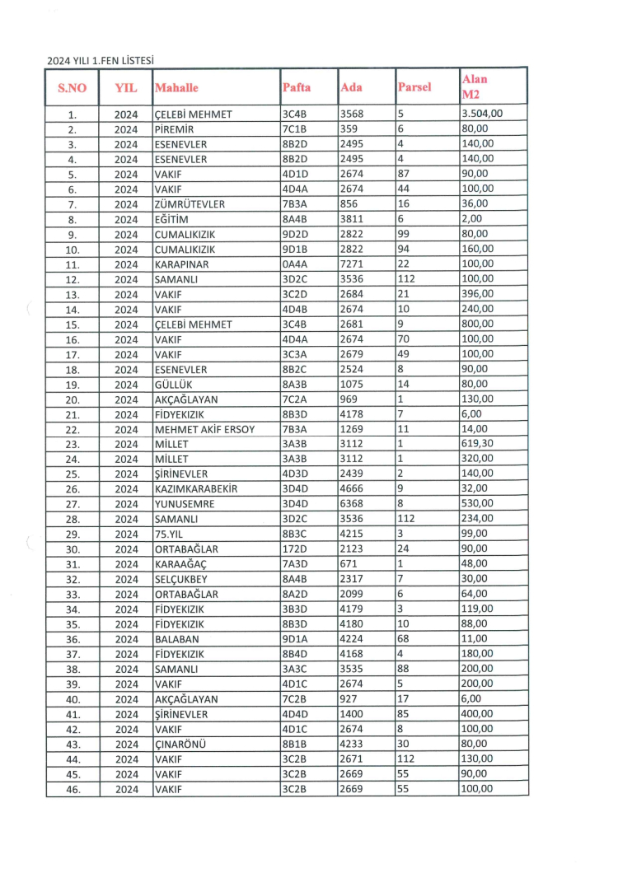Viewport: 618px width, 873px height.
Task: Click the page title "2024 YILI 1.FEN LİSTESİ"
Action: [x=101, y=60]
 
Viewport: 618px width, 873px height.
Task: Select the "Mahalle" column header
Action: [x=177, y=87]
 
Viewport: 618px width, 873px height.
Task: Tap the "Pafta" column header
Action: [x=297, y=87]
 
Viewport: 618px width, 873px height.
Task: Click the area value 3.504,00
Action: [x=483, y=114]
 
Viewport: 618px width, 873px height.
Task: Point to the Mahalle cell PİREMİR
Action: [x=174, y=129]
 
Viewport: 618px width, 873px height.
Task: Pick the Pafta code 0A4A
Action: [x=295, y=264]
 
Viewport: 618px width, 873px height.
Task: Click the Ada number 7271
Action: [x=351, y=264]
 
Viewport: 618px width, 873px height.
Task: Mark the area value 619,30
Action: [x=478, y=443]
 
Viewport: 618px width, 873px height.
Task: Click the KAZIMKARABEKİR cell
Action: [x=196, y=488]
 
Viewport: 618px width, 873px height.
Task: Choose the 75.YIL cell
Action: [x=169, y=533]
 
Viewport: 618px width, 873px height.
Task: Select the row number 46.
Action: [x=72, y=788]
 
